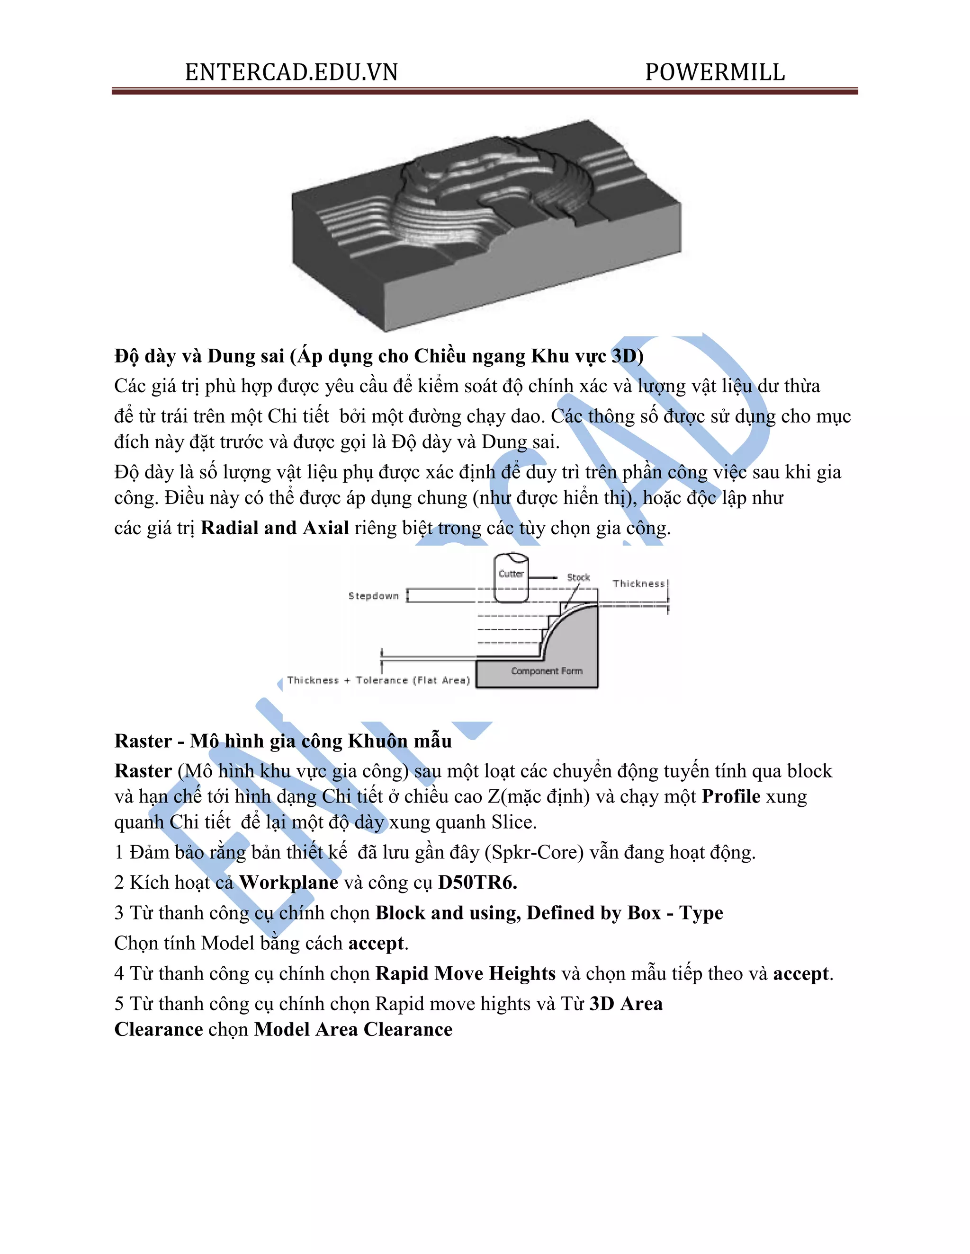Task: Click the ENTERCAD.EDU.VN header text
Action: (x=291, y=72)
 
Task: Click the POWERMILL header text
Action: (x=715, y=72)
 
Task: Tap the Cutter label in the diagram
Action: (x=511, y=574)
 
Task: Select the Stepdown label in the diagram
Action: (x=374, y=596)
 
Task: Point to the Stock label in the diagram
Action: (x=578, y=578)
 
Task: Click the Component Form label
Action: (x=547, y=671)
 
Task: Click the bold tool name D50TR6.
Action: (x=477, y=883)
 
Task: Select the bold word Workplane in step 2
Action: (x=288, y=883)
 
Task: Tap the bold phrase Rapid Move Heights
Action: (x=466, y=973)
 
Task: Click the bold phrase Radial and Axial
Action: (x=275, y=528)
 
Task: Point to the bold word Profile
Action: (x=731, y=796)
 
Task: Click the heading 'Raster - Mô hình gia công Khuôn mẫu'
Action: (x=283, y=741)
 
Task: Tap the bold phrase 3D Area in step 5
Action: (x=626, y=1004)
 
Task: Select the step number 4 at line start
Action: (x=119, y=974)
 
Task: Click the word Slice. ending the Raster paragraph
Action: (x=514, y=822)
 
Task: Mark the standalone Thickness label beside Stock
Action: (x=638, y=584)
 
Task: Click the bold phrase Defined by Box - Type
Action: (x=625, y=913)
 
